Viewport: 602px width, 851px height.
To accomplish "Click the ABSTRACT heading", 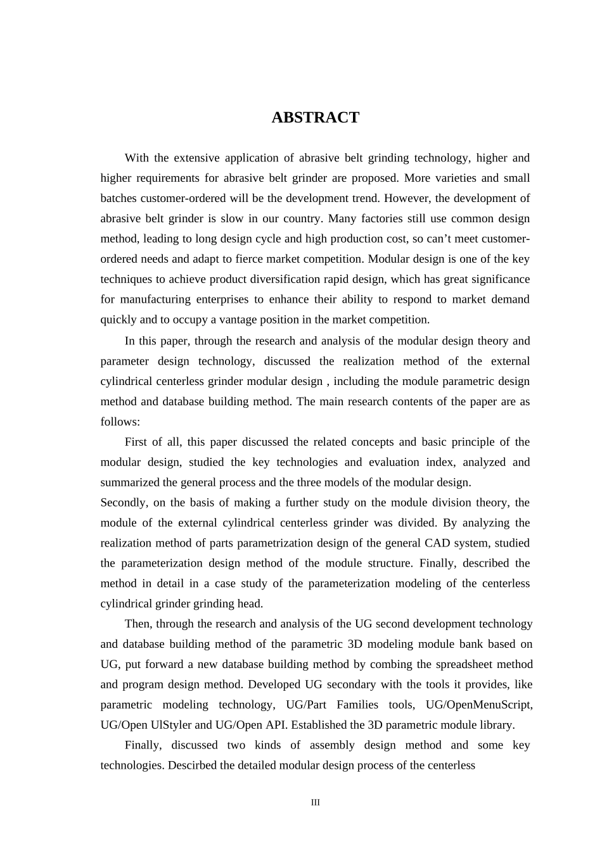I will [x=315, y=118].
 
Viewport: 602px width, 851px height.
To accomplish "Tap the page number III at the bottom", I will [x=315, y=803].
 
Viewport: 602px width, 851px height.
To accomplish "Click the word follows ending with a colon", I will [x=120, y=422].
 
